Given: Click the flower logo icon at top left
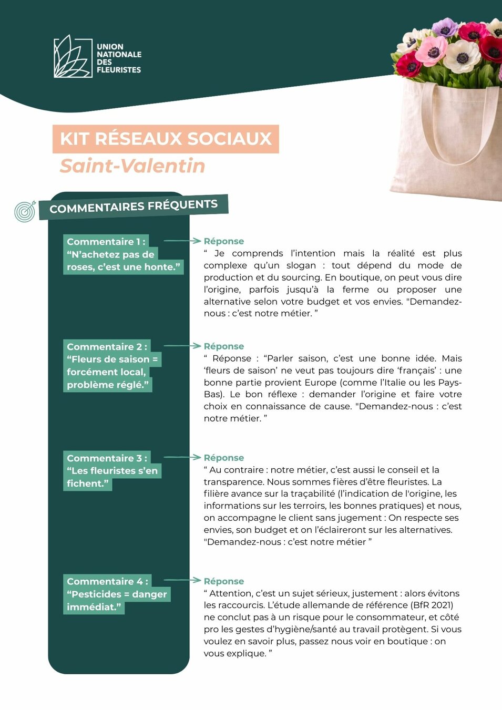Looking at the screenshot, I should coord(73,57).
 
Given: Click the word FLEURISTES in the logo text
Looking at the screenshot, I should coord(119,70).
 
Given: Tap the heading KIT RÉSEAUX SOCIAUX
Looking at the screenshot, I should coord(166,139).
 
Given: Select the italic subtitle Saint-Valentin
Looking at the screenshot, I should coord(132,166).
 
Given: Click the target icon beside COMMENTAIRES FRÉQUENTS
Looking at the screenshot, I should coord(25,211).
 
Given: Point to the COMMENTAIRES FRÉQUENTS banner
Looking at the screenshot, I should coord(134,206).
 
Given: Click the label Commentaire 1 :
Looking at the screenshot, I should coord(106,242).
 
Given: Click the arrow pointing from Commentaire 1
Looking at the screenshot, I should coord(182,241).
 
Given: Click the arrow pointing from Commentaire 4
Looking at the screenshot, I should coord(182,580).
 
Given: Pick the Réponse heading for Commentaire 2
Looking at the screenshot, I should coord(224,346).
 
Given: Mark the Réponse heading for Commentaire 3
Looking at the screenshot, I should coord(224,458).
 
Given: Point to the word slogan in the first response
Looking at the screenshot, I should coord(301,265).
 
